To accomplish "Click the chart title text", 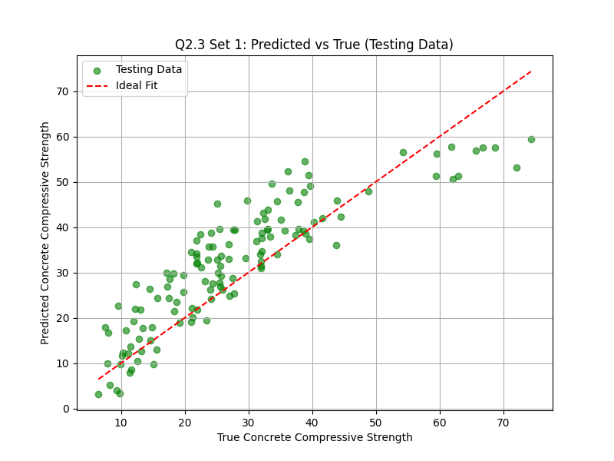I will point(314,45).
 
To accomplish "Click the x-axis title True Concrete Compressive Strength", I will point(315,437).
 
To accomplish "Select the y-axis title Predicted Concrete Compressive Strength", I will point(46,233).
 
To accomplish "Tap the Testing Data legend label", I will point(149,70).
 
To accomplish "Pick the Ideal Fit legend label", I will point(137,85).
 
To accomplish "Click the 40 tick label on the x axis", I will point(312,422).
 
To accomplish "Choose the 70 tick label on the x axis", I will point(503,422).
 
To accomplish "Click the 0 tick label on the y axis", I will point(66,409).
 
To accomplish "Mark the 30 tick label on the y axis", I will point(63,273).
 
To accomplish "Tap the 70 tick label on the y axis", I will point(63,91).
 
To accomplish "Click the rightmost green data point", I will point(531,139).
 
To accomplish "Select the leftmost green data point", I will point(98,394).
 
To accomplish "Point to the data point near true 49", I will point(368,191).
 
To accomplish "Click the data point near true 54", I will point(403,152).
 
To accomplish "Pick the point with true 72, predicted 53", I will point(517,167).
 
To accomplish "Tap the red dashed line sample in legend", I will point(97,85).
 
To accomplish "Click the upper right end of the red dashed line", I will point(531,71).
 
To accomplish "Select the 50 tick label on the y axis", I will point(63,182).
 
